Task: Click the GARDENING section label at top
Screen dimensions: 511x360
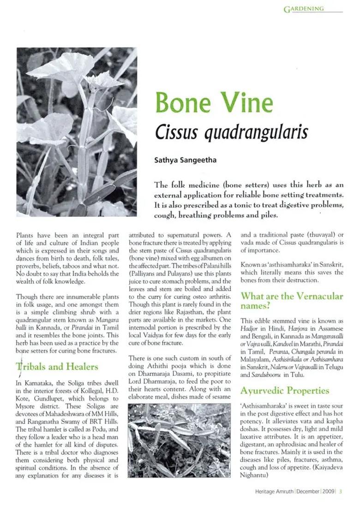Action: tap(304, 9)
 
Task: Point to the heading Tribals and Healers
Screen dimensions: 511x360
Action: tap(57, 367)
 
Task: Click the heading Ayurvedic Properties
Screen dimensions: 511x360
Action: tap(285, 391)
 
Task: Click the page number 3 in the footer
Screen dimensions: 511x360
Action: tap(340, 491)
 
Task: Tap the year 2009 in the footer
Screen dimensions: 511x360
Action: tap(328, 491)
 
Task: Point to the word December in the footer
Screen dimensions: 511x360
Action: tap(308, 491)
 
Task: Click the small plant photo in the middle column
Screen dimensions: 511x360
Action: tap(179, 440)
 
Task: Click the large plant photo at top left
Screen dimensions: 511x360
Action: tap(77, 132)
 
